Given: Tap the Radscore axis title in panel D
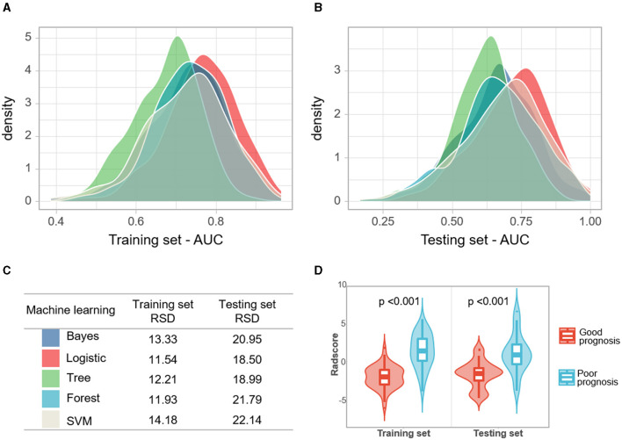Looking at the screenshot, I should [334, 359].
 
